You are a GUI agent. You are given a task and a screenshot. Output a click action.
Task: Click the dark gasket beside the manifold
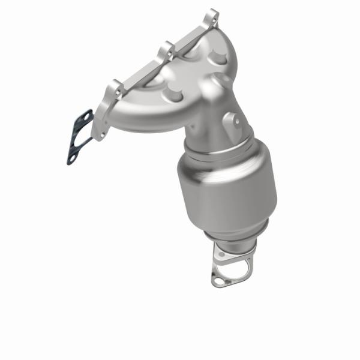click(80, 137)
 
